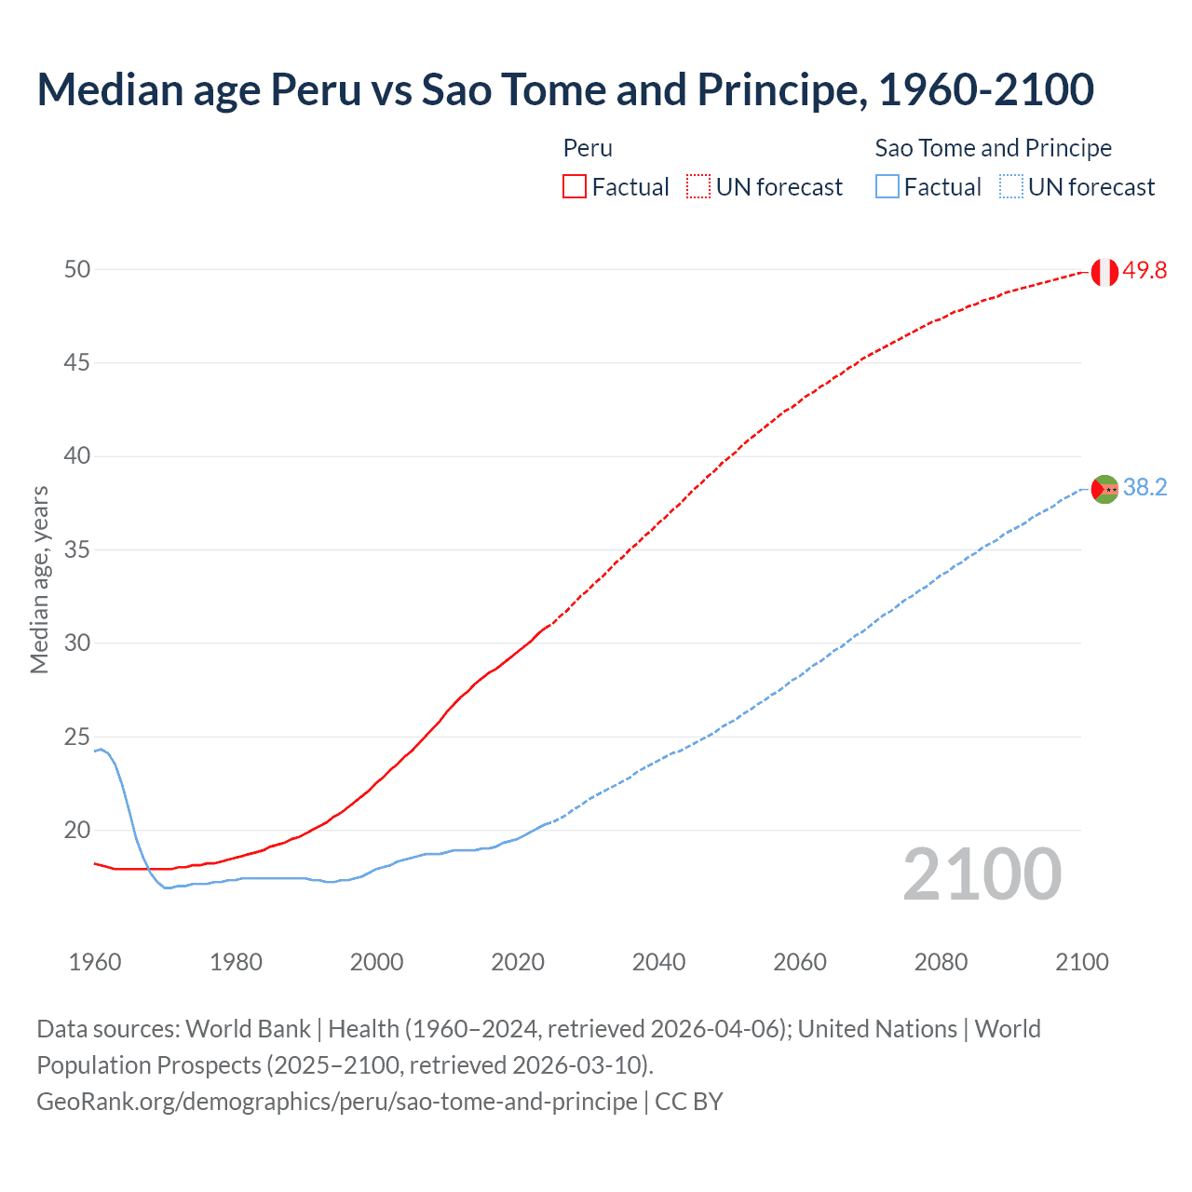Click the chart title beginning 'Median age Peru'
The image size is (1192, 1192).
point(564,89)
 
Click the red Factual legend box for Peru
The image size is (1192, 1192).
point(575,187)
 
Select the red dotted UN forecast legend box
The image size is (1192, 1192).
point(698,187)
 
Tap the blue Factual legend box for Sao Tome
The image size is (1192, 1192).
point(887,187)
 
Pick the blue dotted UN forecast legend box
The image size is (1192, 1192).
point(1010,187)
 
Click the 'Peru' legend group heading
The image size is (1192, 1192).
point(588,148)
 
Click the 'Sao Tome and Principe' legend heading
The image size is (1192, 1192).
point(993,148)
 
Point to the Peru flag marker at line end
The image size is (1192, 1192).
point(1104,272)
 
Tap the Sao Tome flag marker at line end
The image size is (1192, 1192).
point(1104,489)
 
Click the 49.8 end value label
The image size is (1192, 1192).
point(1145,271)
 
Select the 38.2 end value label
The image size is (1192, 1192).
point(1145,488)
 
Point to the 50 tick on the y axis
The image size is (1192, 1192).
point(77,269)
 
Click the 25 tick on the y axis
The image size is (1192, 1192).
point(77,738)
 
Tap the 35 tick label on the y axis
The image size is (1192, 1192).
point(77,550)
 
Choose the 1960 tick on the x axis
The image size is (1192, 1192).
point(95,962)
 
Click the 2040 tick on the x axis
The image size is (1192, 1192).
point(658,962)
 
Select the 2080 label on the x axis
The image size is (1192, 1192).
point(941,962)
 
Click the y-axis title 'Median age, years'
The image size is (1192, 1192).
point(39,579)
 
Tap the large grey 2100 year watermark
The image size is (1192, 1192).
point(982,874)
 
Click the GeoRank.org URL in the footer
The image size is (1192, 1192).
point(337,1102)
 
